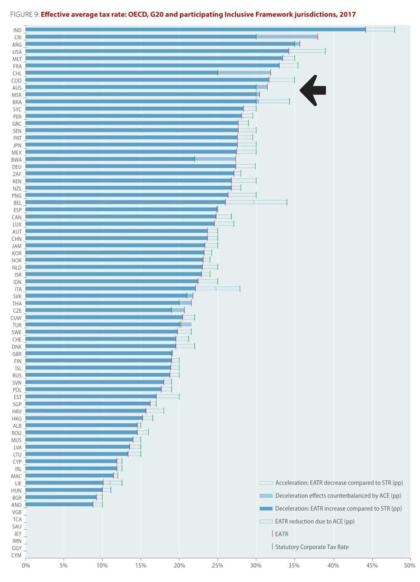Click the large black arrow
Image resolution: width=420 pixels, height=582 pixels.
313,90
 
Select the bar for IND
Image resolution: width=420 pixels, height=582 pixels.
195,29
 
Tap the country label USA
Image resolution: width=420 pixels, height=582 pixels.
17,52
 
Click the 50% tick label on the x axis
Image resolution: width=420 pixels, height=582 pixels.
409,565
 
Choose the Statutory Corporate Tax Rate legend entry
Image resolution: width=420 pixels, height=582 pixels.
311,547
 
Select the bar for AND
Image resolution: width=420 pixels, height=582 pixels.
59,504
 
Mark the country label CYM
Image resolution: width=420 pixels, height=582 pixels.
16,556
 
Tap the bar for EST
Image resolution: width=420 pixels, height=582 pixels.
90,396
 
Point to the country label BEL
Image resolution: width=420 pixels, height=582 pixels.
17,203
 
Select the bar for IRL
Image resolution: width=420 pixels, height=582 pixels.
71,468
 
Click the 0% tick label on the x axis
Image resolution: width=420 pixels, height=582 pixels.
26,565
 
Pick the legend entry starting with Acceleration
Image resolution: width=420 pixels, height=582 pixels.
339,483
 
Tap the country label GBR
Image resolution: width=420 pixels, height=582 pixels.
17,354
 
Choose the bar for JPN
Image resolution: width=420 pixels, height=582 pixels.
131,145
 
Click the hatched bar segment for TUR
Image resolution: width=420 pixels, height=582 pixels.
186,324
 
